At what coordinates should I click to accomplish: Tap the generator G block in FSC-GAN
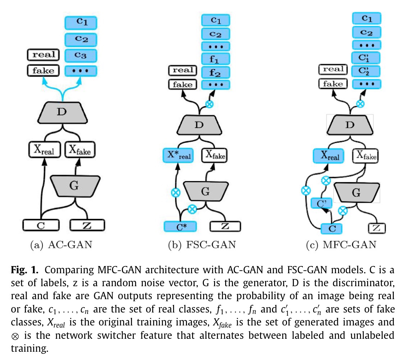tap(205, 191)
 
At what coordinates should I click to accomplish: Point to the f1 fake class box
tap(215, 59)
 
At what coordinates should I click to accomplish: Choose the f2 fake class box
tap(215, 72)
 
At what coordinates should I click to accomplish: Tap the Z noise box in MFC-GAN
tap(377, 228)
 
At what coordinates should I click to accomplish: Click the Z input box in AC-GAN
tap(87, 225)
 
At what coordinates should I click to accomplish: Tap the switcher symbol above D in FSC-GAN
tap(209, 104)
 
